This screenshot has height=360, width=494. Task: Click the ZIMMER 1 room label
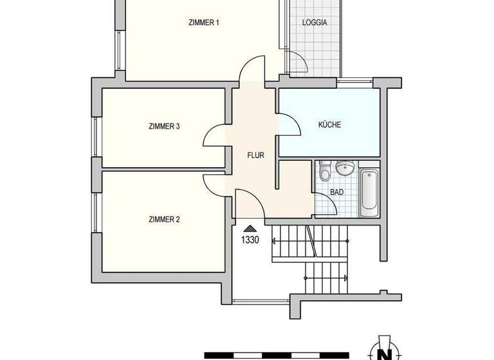[x=204, y=22]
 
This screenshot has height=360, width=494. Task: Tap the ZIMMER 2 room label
[x=164, y=219]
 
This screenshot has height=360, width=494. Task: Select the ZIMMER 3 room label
[x=164, y=127]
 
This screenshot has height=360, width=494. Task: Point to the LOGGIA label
[x=315, y=22]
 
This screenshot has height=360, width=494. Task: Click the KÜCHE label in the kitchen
[x=329, y=125]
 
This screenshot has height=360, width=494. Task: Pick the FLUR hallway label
[x=257, y=155]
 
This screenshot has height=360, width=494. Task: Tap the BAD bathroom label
[x=336, y=192]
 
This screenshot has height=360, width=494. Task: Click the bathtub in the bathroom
[x=369, y=192]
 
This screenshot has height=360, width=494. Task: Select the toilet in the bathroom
[x=325, y=171]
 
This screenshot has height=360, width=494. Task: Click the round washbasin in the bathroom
[x=345, y=168]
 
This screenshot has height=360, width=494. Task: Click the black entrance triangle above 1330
[x=250, y=228]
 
